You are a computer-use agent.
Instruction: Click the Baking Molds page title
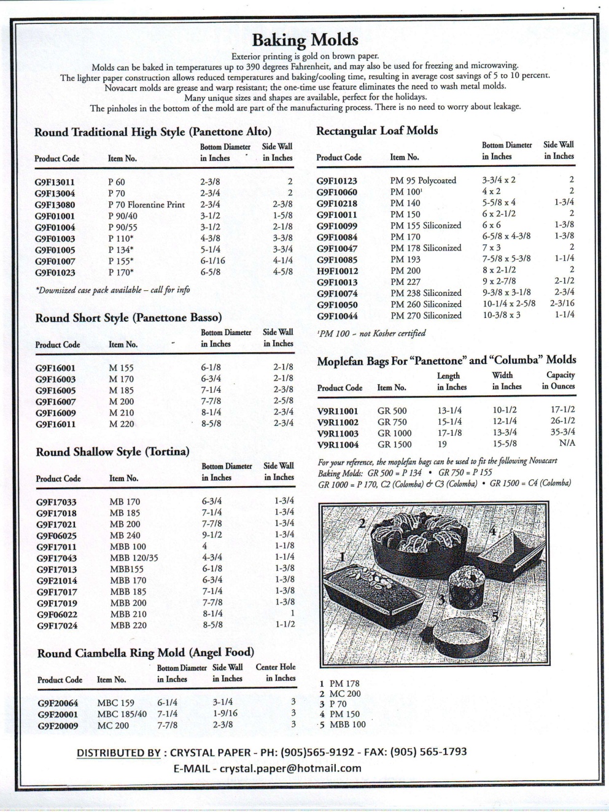304,40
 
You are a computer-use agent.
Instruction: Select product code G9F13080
55,205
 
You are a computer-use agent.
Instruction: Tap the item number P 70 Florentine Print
146,205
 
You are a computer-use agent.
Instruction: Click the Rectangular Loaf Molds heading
376,131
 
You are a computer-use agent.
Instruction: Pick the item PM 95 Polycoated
423,180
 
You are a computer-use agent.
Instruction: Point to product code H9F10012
337,271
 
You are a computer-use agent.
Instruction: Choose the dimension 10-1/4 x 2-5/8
508,304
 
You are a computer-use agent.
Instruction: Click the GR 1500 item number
395,444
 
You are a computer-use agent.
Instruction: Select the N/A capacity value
567,443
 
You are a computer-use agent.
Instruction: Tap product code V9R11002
338,422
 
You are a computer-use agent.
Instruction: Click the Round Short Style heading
128,318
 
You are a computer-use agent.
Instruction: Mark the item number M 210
121,412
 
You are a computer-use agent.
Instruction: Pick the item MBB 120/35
134,558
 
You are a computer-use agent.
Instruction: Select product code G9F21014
56,581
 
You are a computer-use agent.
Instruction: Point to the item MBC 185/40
122,714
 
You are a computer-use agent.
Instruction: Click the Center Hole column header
275,673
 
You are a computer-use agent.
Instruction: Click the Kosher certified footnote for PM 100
371,333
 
